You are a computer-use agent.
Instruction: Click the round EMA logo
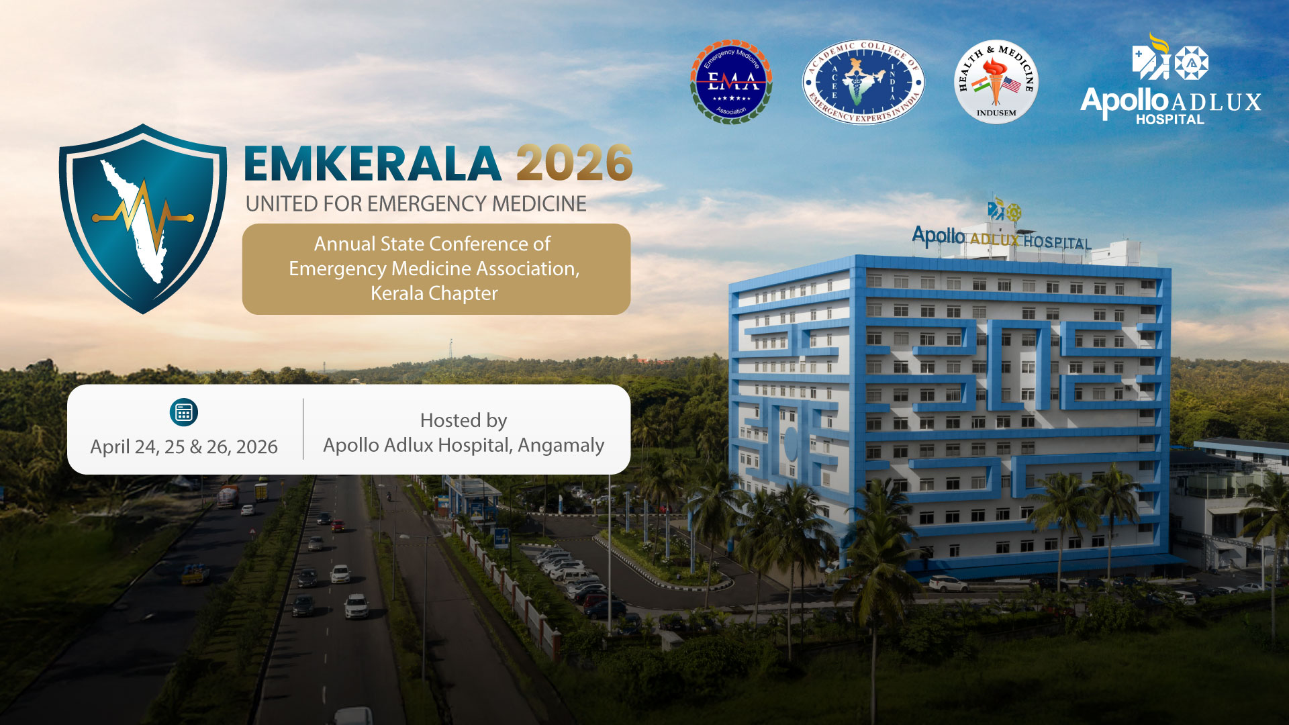731,81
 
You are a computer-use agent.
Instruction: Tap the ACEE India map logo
863,81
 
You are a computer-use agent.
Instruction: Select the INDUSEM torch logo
996,81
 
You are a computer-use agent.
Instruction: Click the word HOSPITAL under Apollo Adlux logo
1169,119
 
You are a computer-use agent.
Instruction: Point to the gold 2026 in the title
574,163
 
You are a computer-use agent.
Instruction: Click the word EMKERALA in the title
373,164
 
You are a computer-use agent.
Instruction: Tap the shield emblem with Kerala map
142,219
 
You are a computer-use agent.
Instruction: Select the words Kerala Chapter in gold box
434,293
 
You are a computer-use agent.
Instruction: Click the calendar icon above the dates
184,412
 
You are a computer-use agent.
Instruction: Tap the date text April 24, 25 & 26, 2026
184,447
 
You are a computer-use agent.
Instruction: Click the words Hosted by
463,420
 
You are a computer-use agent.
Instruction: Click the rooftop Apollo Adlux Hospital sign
1002,238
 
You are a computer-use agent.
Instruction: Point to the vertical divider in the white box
303,429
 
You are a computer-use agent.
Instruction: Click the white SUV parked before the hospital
948,584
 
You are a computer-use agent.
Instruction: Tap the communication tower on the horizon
451,349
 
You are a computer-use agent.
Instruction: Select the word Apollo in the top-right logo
1125,102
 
